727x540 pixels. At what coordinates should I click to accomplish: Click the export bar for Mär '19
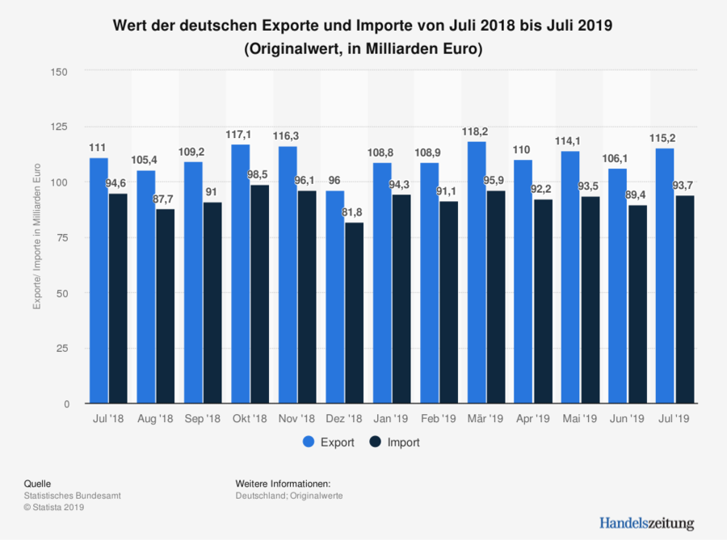click(477, 272)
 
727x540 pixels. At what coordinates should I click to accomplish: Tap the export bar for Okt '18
click(241, 274)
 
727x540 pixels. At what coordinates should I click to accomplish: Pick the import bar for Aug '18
click(166, 306)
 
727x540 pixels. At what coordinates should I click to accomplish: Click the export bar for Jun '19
click(618, 286)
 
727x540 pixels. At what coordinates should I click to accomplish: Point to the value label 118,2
click(477, 132)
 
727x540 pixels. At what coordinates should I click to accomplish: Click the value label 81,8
click(354, 212)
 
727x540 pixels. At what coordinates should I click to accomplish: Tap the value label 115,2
click(665, 138)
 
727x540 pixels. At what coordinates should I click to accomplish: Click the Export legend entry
click(328, 442)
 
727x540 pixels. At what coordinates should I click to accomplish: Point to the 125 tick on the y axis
click(61, 127)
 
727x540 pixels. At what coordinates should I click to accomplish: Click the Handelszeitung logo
click(646, 522)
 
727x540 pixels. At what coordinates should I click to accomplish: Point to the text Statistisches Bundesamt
click(73, 496)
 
